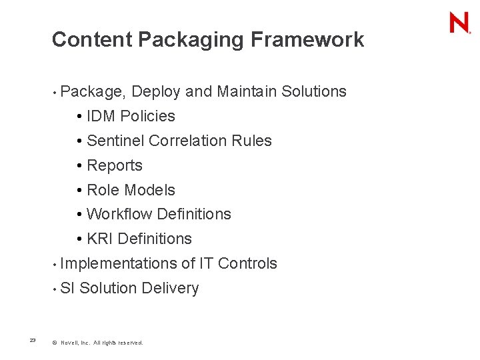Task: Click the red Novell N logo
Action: (459, 23)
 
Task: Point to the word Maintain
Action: (247, 91)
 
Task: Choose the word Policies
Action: (147, 116)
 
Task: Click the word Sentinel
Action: (116, 141)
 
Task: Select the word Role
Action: (102, 190)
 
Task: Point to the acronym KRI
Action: (100, 239)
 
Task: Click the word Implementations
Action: (118, 264)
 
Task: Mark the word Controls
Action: (247, 263)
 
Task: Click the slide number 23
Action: (33, 341)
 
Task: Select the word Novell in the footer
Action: (69, 343)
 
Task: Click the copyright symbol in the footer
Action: (54, 343)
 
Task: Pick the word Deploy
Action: (157, 92)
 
